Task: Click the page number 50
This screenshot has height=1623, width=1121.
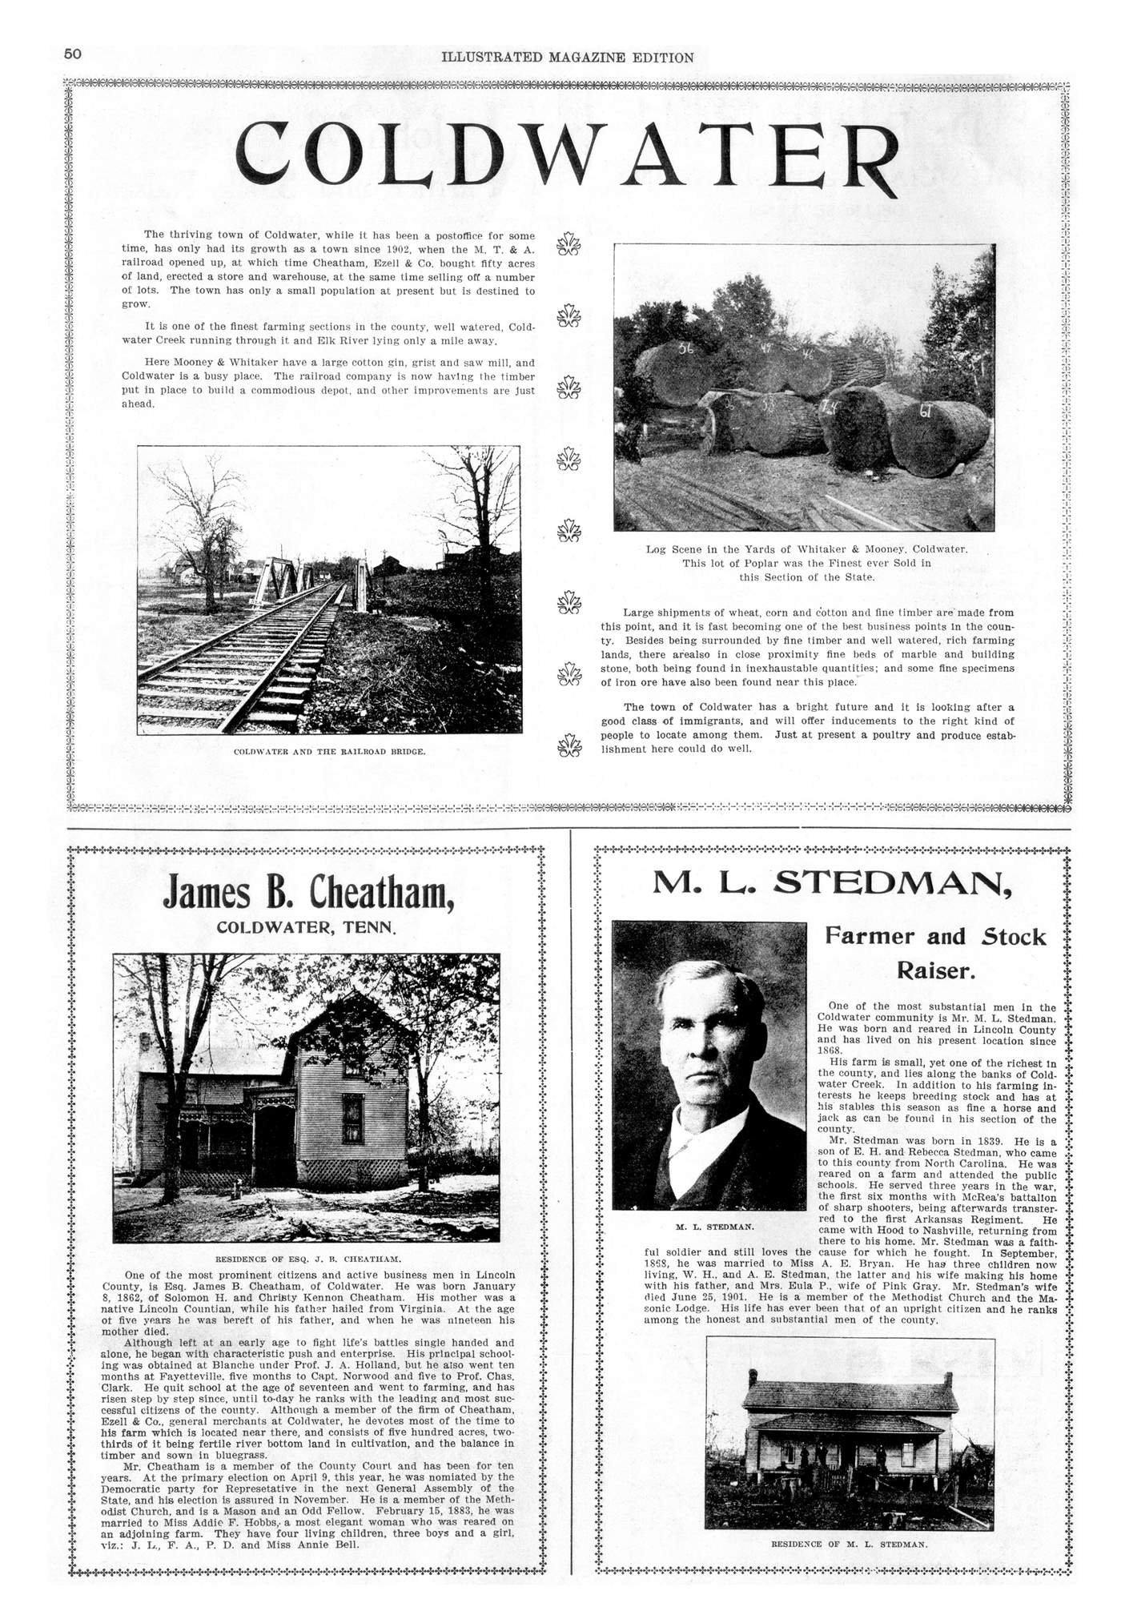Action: [x=73, y=54]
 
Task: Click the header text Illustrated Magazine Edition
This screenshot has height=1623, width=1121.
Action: [x=567, y=58]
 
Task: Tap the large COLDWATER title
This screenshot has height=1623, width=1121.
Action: [x=567, y=154]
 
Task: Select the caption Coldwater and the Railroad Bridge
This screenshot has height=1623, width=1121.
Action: [x=329, y=752]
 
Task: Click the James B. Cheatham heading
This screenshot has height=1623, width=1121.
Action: [x=308, y=893]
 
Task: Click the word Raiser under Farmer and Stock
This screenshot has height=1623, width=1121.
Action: [x=935, y=971]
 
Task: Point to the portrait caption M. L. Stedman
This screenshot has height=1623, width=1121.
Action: [x=714, y=1226]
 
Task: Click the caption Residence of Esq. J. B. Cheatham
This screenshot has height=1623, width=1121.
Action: [x=308, y=1259]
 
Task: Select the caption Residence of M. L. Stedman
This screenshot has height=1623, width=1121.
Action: [x=850, y=1543]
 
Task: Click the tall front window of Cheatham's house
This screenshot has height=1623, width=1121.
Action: [x=352, y=1117]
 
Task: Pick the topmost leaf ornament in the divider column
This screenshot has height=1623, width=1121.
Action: [x=569, y=243]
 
